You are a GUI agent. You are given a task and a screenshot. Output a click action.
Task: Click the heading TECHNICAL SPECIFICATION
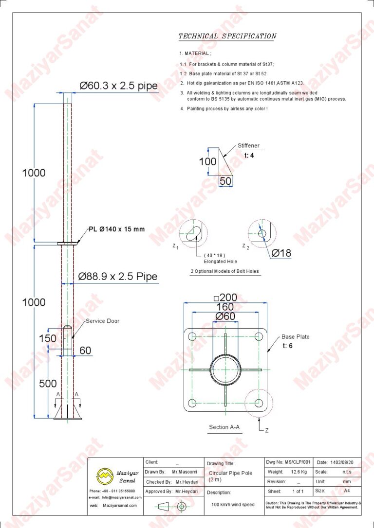[227, 36]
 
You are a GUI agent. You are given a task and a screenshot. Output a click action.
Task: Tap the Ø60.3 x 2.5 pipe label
[118, 86]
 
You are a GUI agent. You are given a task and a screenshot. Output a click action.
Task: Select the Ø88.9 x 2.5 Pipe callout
[118, 277]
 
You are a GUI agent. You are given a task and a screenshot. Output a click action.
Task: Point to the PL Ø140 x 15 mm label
[117, 229]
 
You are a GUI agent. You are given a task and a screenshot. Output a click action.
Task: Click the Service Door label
[103, 321]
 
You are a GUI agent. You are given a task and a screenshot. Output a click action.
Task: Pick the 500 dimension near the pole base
[48, 384]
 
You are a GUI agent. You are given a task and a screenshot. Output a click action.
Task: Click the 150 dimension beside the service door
[48, 338]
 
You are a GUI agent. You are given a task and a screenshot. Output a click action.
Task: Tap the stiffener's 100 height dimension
[208, 161]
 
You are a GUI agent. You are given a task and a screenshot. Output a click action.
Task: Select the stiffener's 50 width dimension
[225, 181]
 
